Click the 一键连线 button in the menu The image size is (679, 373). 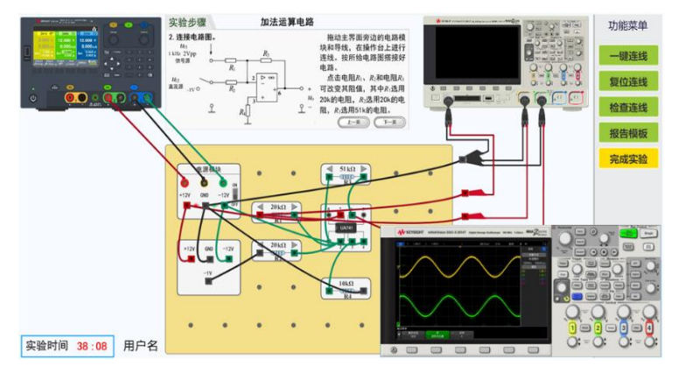[x=627, y=56]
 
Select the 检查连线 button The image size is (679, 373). [x=627, y=107]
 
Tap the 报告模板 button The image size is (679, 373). [x=627, y=133]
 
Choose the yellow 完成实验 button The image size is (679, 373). [x=627, y=158]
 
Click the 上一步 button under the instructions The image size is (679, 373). [x=353, y=122]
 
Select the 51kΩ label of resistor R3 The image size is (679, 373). [x=347, y=167]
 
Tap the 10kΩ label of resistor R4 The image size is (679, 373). [x=347, y=284]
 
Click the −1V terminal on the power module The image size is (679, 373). [x=208, y=274]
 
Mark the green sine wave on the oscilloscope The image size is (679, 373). [x=464, y=308]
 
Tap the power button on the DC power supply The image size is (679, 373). [x=33, y=98]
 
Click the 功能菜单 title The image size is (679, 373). [x=627, y=26]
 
